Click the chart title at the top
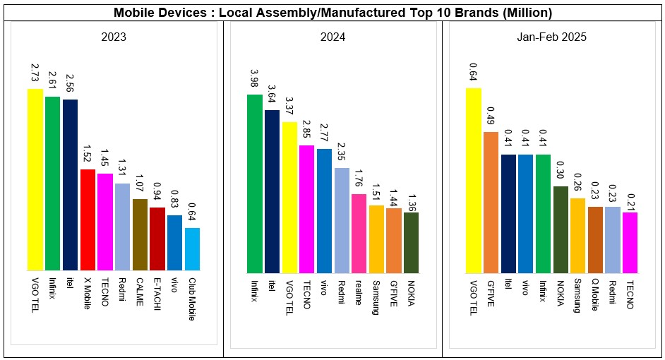tap(332, 12)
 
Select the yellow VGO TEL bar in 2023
tap(35, 180)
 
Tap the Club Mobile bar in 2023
tap(192, 248)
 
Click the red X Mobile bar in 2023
tap(88, 220)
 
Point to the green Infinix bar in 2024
tap(254, 184)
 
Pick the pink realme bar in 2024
tap(359, 233)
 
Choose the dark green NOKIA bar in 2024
tap(411, 242)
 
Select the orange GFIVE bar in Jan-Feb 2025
tap(491, 202)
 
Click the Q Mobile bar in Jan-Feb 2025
tap(595, 239)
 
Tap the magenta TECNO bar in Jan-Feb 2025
tap(630, 242)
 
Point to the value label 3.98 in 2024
tap(254, 78)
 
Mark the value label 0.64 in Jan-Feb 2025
tap(473, 72)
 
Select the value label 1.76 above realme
tap(359, 179)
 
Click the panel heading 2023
tap(113, 37)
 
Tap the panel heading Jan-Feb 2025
tap(551, 37)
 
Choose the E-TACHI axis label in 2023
tap(157, 293)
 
